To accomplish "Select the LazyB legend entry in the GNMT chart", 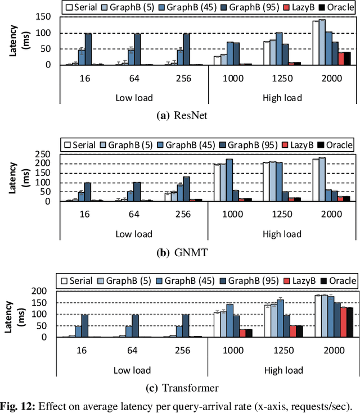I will (301, 145).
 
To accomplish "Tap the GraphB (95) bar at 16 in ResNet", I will (88, 49).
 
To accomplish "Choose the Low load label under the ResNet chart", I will (133, 97).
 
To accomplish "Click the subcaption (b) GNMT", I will (181, 253).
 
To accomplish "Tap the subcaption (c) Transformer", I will (181, 388).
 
